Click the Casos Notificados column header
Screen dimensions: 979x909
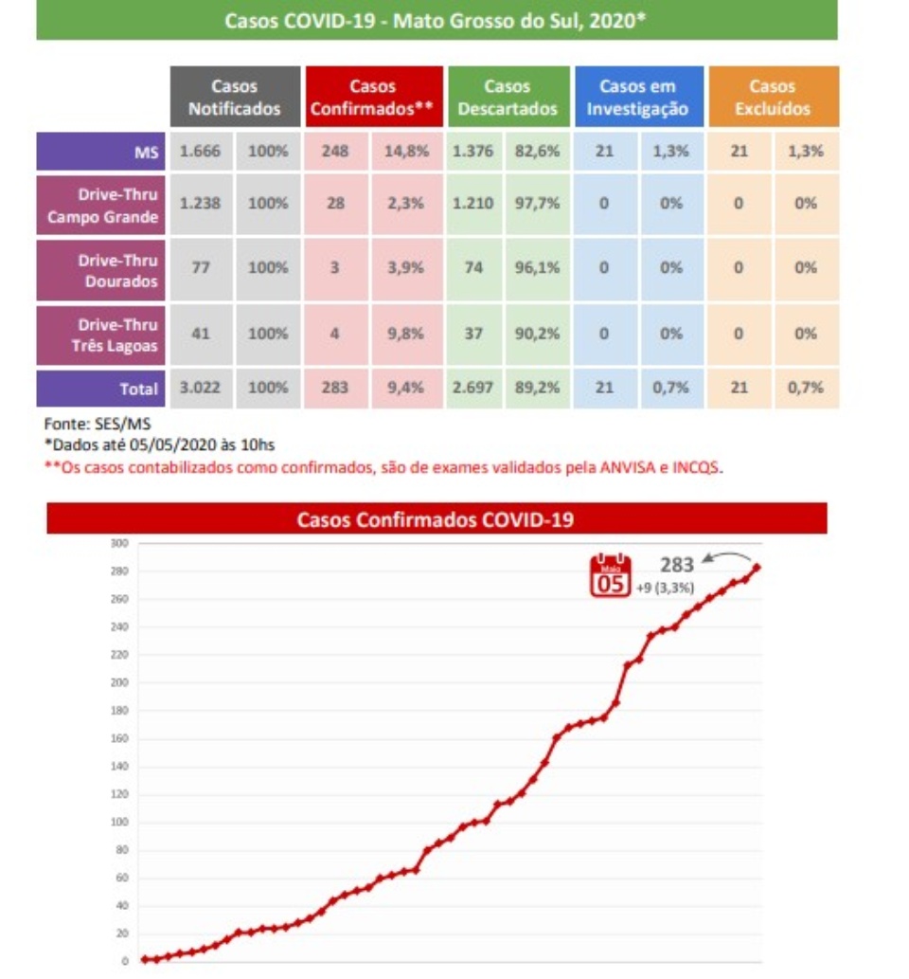pyautogui.click(x=234, y=97)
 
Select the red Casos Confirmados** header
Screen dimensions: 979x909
pyautogui.click(x=372, y=97)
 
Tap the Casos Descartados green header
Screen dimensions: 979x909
pyautogui.click(x=508, y=97)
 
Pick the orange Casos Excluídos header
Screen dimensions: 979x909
pyautogui.click(x=773, y=97)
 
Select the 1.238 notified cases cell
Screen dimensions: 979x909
pyautogui.click(x=200, y=204)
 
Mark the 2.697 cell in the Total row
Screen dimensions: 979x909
pyautogui.click(x=473, y=388)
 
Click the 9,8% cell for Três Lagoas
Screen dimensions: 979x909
pyautogui.click(x=405, y=334)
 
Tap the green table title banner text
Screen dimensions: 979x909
pyautogui.click(x=436, y=21)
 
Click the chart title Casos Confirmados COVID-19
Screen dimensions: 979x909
pyautogui.click(x=436, y=518)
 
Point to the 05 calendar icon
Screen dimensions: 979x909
pyautogui.click(x=610, y=574)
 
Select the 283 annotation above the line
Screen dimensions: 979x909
pyautogui.click(x=677, y=565)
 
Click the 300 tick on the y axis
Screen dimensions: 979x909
pyautogui.click(x=119, y=543)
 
